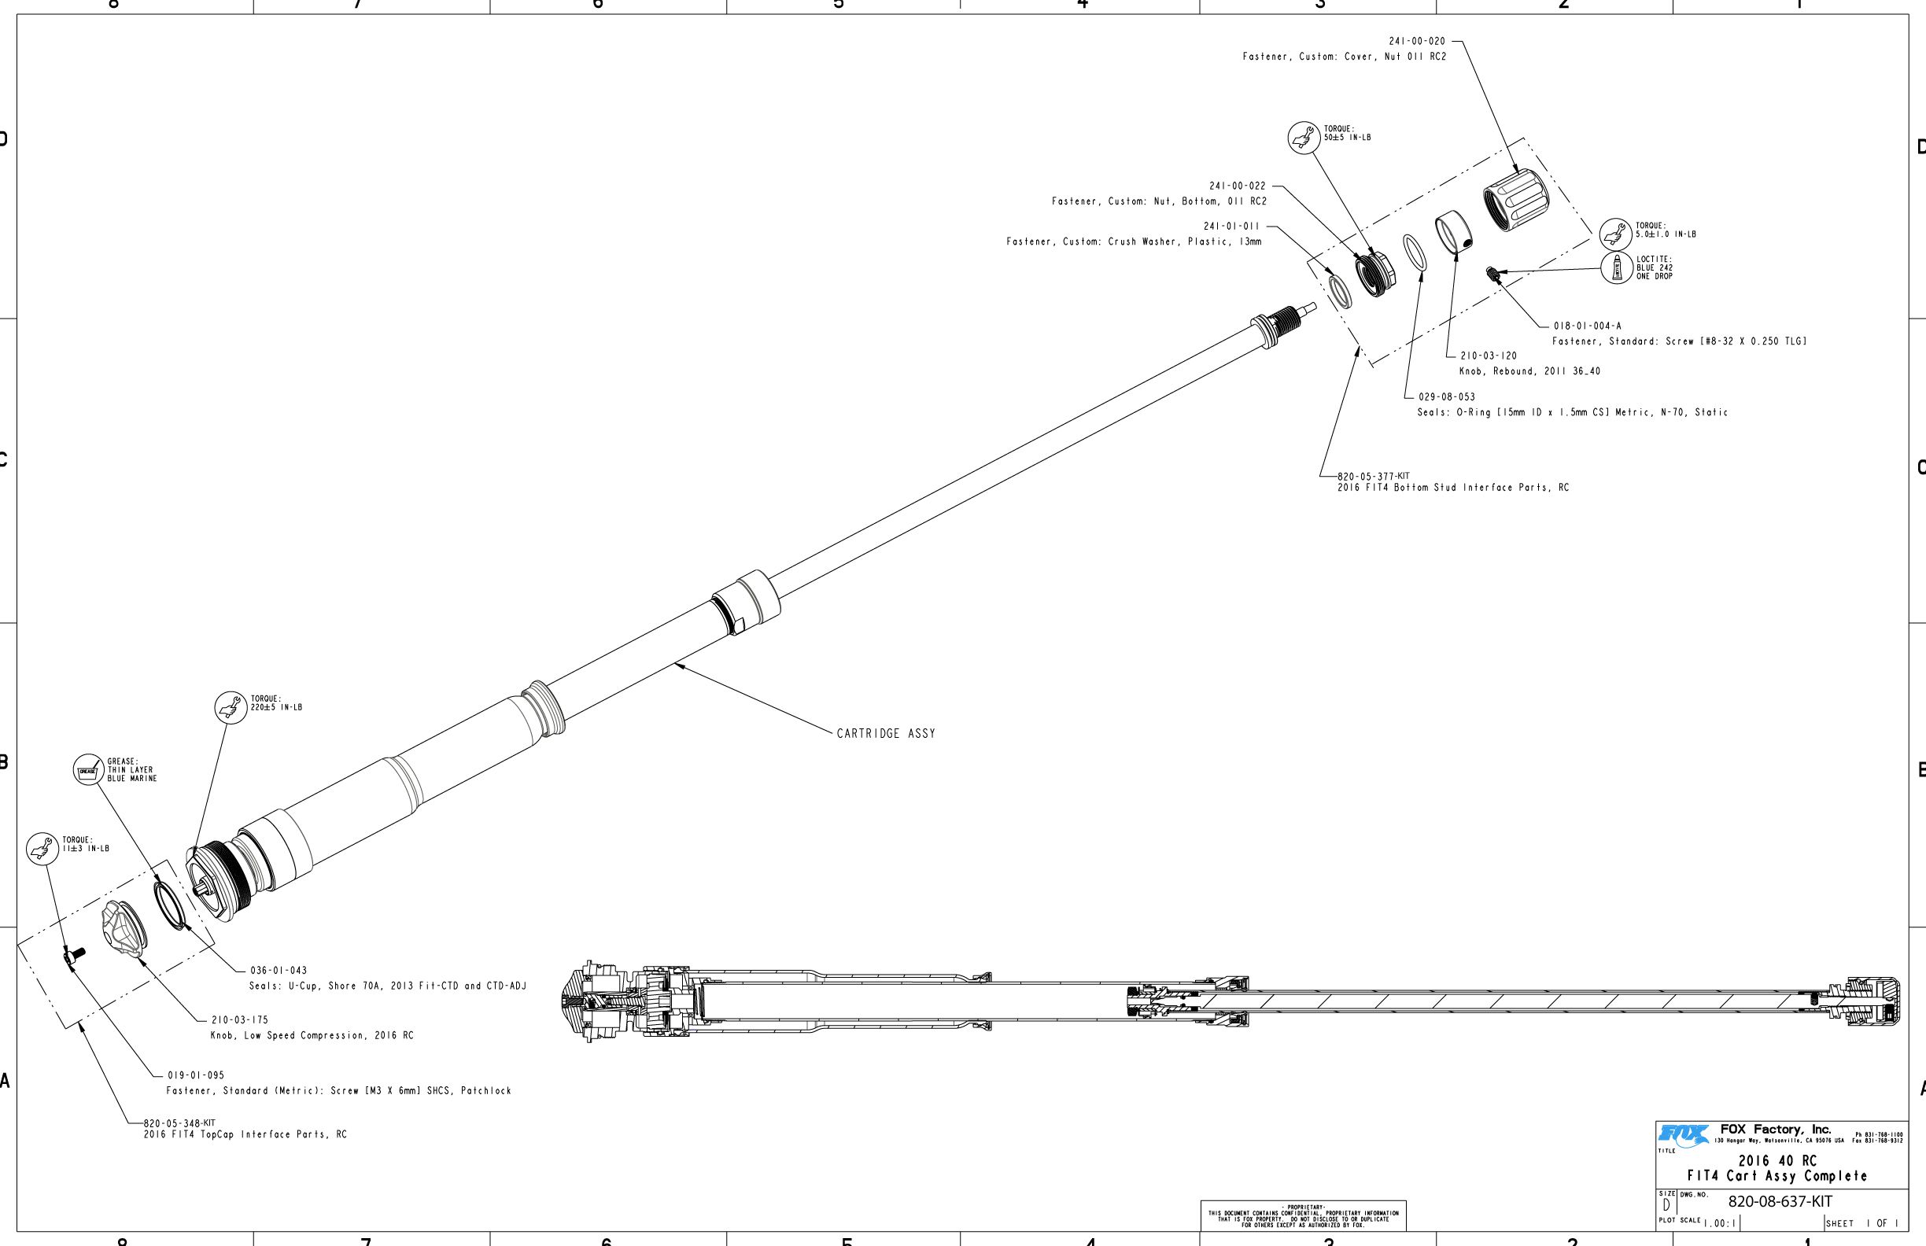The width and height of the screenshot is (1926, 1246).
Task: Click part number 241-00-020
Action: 1416,41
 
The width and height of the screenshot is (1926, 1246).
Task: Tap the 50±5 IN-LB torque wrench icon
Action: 1304,138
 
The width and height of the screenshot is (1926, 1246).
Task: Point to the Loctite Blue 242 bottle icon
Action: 1617,267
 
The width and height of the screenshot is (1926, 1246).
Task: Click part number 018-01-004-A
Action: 1587,326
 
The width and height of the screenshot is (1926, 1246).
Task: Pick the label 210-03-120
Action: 1489,356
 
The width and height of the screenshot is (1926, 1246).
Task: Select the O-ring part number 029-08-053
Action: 1446,397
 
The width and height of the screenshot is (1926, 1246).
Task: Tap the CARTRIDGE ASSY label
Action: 885,734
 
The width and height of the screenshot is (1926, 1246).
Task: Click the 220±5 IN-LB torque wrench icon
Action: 231,708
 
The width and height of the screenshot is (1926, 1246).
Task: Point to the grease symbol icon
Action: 88,770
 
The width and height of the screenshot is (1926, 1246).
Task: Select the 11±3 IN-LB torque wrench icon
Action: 42,849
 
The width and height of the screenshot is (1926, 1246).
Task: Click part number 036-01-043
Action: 279,971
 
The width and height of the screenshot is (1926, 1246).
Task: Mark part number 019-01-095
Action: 196,1076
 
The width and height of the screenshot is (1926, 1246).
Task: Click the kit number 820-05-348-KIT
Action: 179,1124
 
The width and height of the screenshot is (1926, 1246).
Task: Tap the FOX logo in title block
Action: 1682,1135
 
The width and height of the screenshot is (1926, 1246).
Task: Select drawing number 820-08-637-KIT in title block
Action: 1780,1201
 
